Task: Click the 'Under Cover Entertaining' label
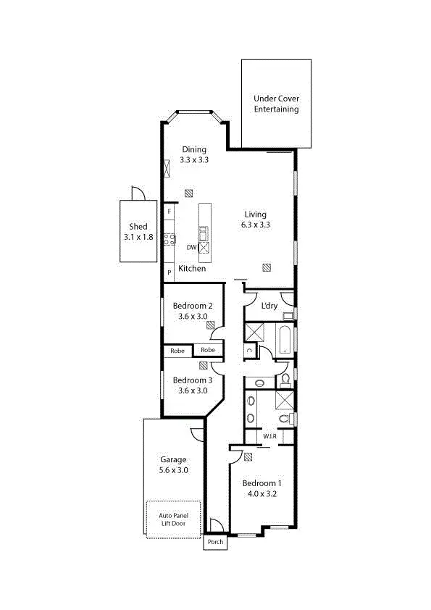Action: point(276,104)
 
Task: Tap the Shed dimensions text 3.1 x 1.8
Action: point(138,237)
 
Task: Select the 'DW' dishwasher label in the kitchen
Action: point(191,248)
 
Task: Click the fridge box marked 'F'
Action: point(169,211)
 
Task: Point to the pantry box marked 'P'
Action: point(169,272)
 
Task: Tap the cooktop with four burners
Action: point(170,239)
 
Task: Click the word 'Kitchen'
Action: point(192,269)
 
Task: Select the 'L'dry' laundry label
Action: point(269,306)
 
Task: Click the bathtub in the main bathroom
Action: point(284,339)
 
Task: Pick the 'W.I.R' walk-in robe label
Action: point(269,436)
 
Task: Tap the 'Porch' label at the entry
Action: point(215,542)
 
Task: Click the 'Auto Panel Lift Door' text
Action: point(174,519)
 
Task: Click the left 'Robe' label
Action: point(177,351)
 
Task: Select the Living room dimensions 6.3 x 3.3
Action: point(255,225)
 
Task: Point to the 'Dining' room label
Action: point(194,149)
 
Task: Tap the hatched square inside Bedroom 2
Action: point(210,325)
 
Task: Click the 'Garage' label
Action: point(173,459)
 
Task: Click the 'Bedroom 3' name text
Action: point(193,380)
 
